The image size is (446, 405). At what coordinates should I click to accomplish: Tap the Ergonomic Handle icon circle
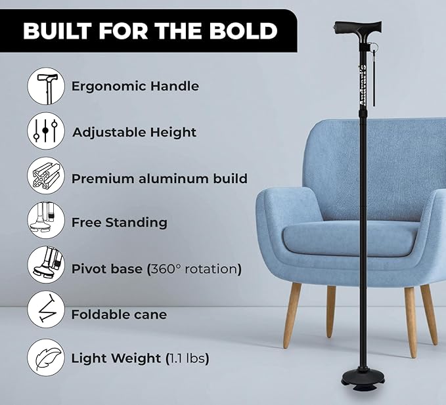(46, 86)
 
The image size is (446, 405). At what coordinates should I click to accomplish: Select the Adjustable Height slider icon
(46, 132)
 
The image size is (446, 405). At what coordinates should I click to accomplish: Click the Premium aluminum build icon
(46, 178)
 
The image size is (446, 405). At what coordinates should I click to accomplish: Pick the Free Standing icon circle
(46, 223)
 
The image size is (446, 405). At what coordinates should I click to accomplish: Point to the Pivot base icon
(46, 268)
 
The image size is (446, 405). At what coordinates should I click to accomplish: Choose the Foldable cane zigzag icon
(46, 314)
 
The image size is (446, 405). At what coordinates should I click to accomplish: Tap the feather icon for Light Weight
(46, 358)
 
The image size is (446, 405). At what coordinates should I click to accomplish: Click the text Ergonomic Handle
(135, 86)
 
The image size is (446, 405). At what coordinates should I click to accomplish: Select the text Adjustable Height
(134, 132)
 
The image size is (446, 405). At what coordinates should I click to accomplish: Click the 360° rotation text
(194, 268)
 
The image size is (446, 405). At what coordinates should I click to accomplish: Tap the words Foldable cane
(119, 314)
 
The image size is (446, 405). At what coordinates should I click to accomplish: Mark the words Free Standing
(119, 223)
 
